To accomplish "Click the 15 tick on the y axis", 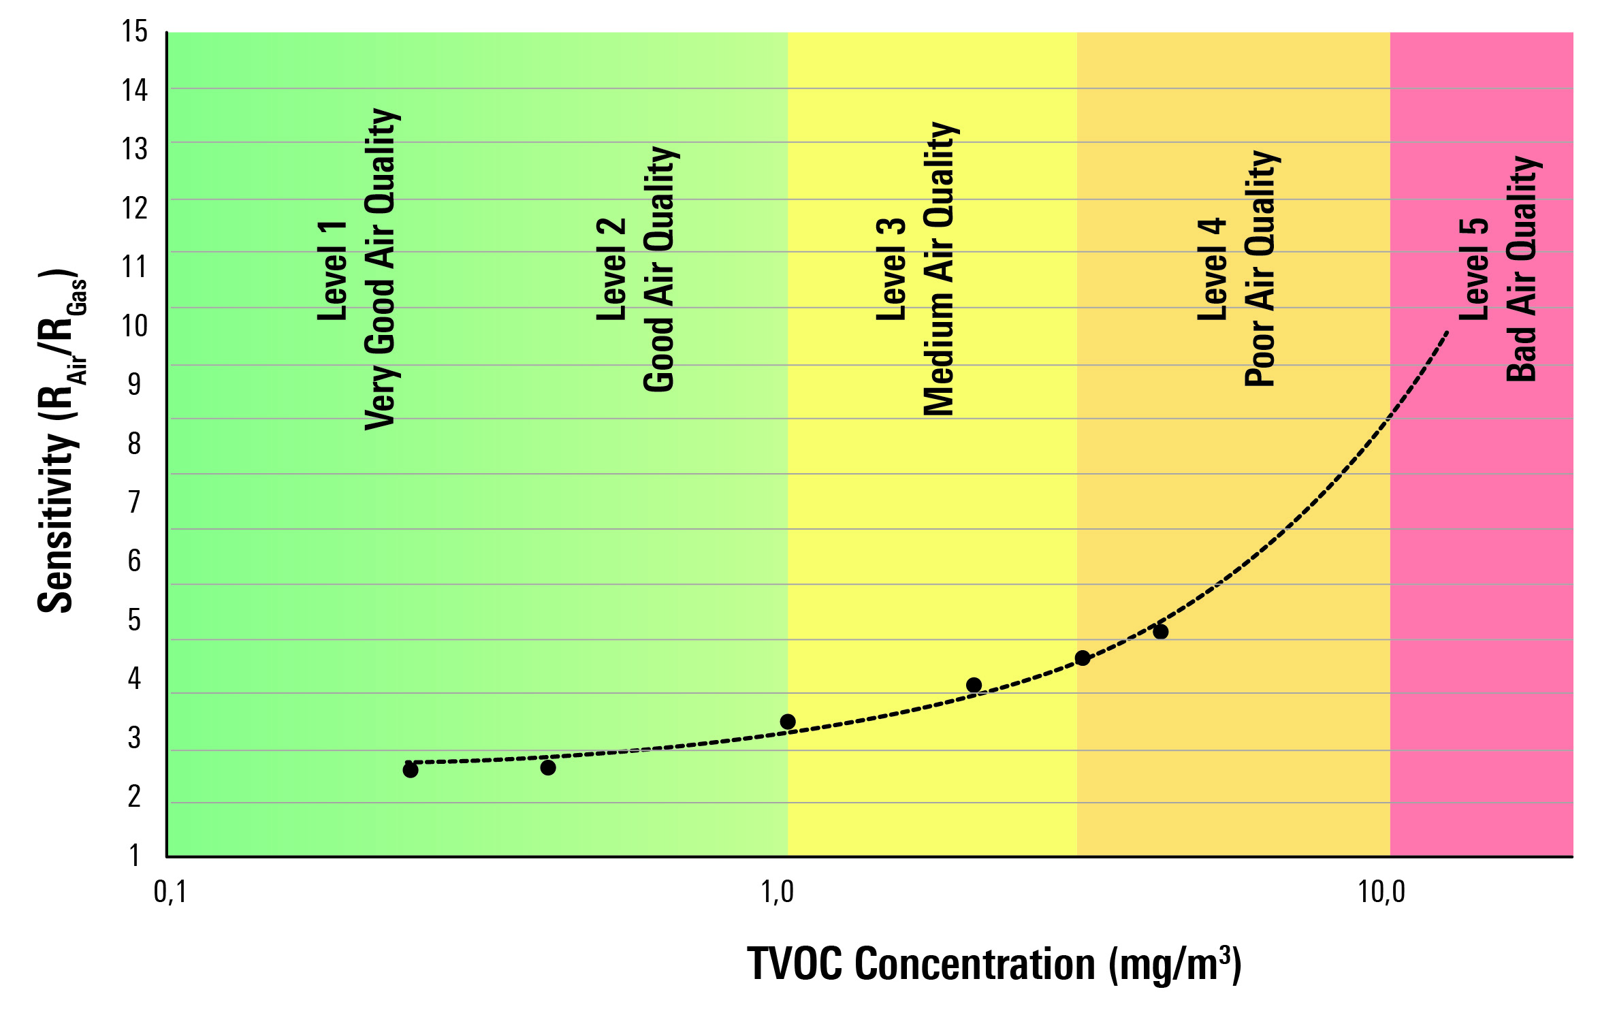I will [134, 31].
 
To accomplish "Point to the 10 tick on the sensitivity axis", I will [134, 325].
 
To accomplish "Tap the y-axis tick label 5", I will [134, 620].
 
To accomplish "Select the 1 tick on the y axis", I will [134, 854].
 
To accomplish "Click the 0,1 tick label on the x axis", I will [170, 891].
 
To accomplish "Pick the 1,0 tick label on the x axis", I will [777, 891].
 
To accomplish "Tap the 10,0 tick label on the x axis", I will [1381, 891].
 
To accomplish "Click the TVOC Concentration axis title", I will [994, 964].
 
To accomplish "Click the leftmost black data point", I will [411, 770].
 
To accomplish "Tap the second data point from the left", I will [548, 767].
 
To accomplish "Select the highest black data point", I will [1161, 632].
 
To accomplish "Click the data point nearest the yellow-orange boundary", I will [1083, 658].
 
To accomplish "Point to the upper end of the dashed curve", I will [1447, 333].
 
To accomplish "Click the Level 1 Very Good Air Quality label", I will [357, 270].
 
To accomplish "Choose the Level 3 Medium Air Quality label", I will [916, 270].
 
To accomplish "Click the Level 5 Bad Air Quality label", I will [1498, 270].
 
